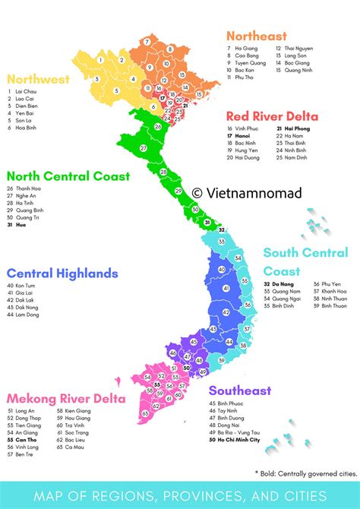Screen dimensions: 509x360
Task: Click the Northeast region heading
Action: coord(256,36)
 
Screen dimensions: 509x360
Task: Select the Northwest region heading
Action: coord(38,79)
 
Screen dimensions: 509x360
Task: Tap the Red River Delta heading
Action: coord(272,116)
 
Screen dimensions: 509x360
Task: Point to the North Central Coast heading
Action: coord(69,176)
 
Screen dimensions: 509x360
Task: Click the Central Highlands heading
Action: coord(62,273)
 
